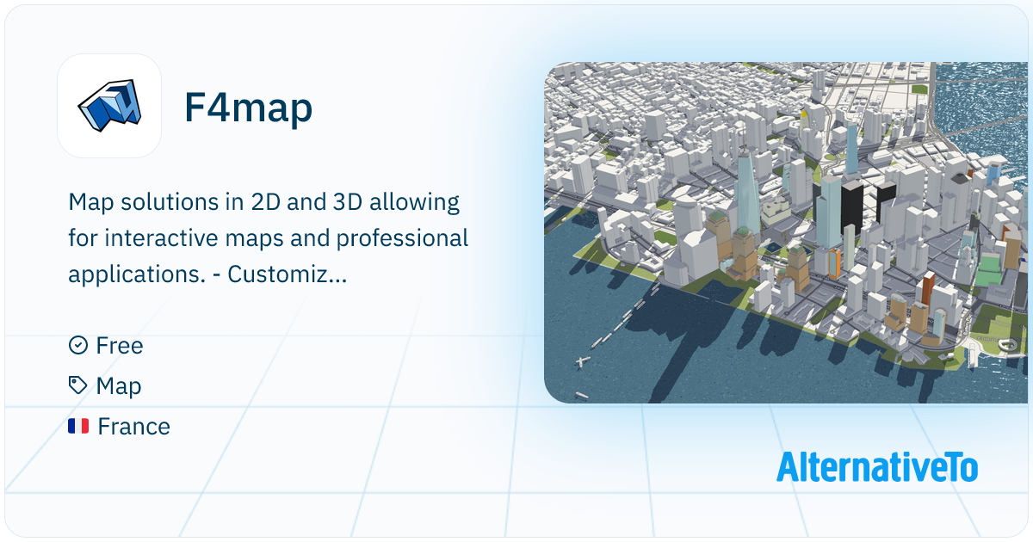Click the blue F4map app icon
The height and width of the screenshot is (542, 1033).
click(x=109, y=106)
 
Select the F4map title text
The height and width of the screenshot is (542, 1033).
click(x=248, y=108)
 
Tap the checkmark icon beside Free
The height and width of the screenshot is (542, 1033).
click(x=77, y=345)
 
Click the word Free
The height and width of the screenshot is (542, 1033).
click(x=120, y=345)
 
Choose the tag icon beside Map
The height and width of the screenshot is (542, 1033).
click(x=77, y=385)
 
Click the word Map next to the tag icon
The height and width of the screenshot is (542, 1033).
click(x=119, y=386)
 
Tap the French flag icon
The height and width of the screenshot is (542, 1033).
click(x=78, y=426)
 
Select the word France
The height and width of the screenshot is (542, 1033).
click(x=133, y=426)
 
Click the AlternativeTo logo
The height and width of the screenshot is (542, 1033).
click(x=876, y=467)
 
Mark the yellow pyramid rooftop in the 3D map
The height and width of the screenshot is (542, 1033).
click(x=805, y=112)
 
